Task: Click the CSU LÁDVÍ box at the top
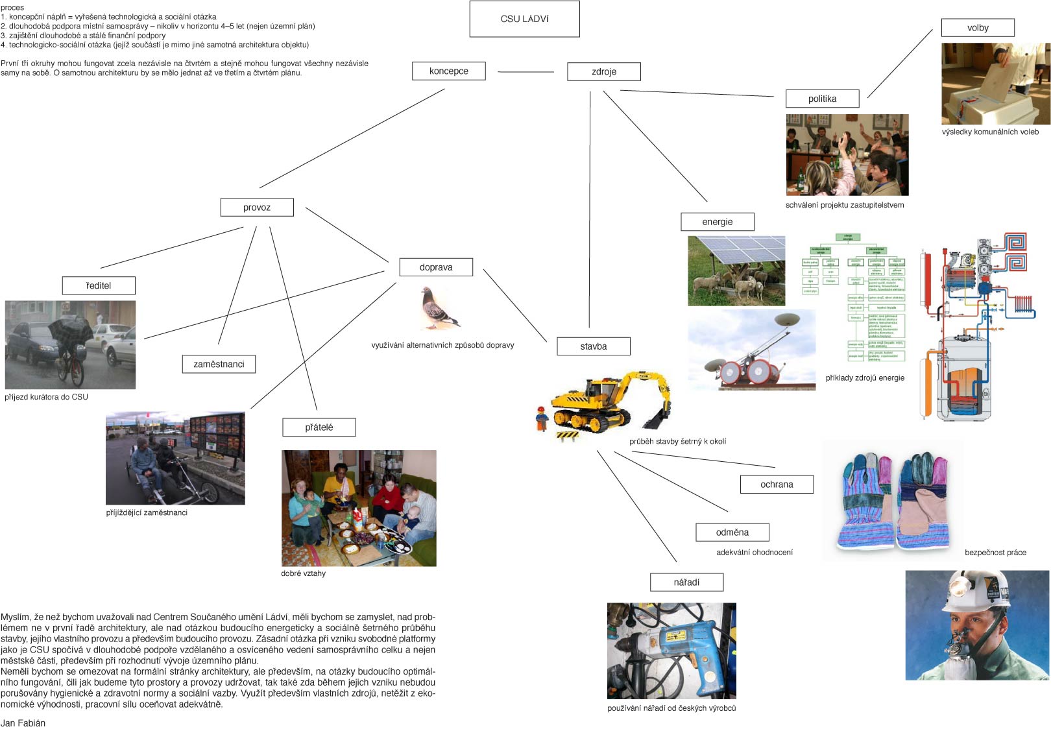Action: tap(524, 19)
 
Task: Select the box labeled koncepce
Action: tap(448, 71)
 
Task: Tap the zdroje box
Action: tap(603, 71)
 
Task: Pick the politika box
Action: tap(822, 99)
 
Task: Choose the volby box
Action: tap(977, 27)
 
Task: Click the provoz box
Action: tap(257, 207)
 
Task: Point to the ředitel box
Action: tap(99, 285)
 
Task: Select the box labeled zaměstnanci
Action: tap(219, 364)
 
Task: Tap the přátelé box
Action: tap(319, 427)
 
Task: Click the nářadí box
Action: tap(686, 582)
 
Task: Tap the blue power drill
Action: tap(678, 642)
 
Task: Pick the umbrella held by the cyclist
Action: tap(71, 330)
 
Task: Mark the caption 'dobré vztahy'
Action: tap(303, 573)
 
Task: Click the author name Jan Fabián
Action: tap(23, 723)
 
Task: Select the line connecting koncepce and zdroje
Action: tap(525, 71)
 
